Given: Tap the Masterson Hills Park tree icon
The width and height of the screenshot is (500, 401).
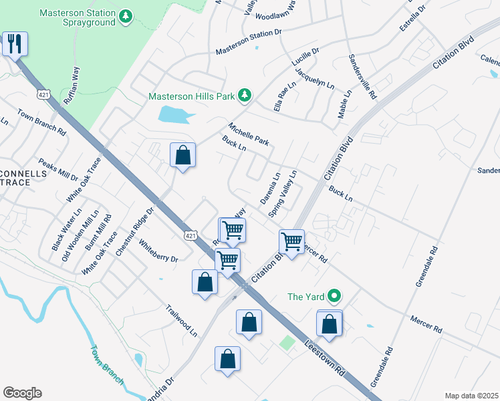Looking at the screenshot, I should point(245,96).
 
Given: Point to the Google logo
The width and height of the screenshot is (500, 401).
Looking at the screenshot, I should point(22,393).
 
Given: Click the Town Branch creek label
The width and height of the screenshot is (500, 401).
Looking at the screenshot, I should point(107,365).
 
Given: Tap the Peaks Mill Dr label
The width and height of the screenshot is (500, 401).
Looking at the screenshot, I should point(58,170).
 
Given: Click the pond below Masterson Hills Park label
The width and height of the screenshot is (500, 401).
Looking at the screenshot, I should point(175,115).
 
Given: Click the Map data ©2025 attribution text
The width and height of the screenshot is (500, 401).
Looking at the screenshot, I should point(471,396).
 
